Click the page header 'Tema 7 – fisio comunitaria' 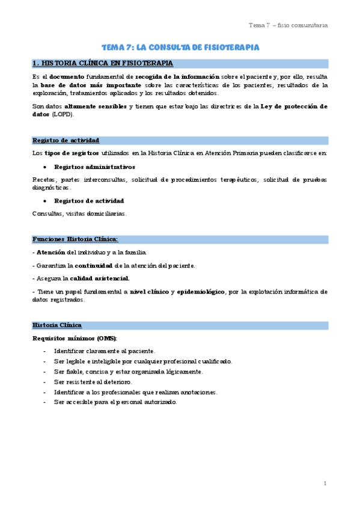point(288,25)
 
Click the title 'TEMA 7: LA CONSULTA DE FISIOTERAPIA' point(180,48)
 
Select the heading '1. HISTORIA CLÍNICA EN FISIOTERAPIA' point(103,63)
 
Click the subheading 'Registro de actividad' point(66,140)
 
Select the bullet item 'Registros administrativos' point(94,167)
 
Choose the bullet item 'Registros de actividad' point(89,200)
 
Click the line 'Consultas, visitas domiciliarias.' point(79,213)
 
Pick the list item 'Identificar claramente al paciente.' point(105,351)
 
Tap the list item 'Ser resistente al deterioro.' point(93,382)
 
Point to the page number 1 point(325,483)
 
